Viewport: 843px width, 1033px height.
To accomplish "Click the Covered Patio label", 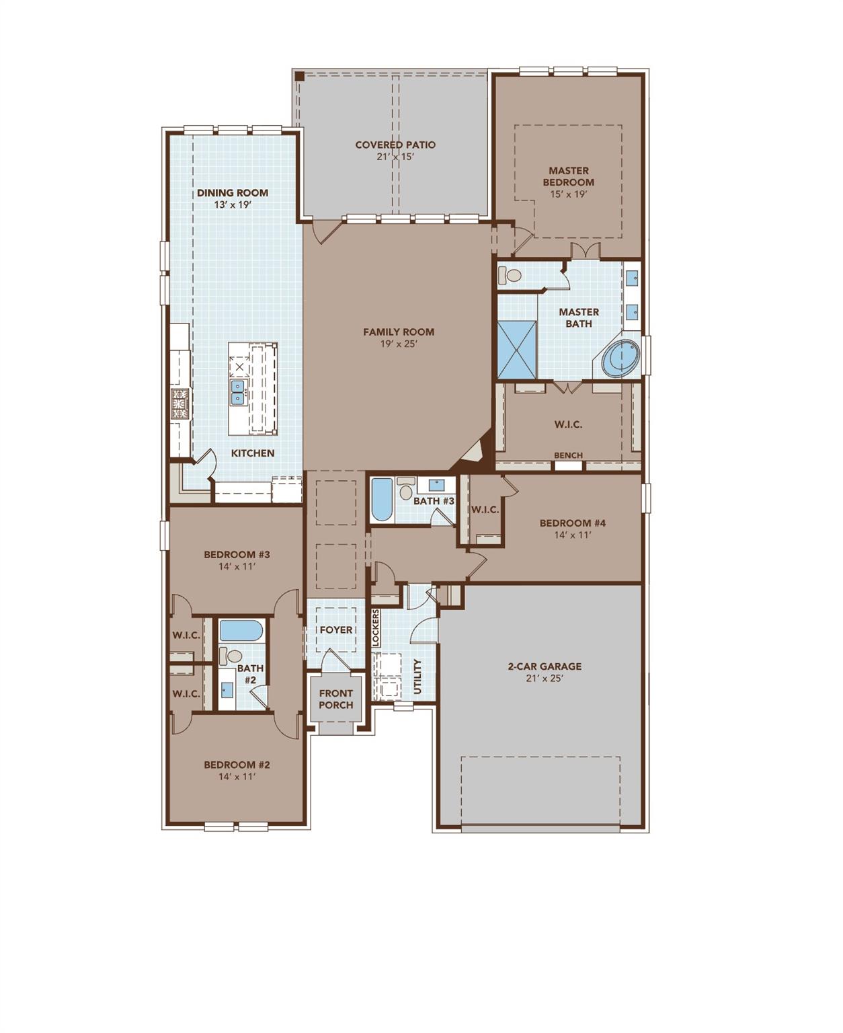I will click(x=395, y=145).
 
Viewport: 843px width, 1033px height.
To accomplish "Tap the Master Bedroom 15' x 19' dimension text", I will click(x=568, y=194).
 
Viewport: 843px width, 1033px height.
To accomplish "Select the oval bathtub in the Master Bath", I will click(x=620, y=358).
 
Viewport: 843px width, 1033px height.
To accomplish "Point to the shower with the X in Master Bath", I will click(x=517, y=349).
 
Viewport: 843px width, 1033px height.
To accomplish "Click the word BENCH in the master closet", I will click(x=568, y=455).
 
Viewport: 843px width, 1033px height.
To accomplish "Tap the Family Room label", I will click(x=399, y=332).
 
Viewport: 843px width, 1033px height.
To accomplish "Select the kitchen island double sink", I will click(x=237, y=392).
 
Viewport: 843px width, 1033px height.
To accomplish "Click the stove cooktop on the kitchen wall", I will click(x=179, y=404).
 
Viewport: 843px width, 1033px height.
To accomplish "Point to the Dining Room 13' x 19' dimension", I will click(x=233, y=204).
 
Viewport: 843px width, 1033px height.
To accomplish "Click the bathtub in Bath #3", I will click(x=381, y=499).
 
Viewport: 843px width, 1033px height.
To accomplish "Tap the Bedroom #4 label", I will click(x=573, y=523).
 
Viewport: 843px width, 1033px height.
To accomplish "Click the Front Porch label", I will click(x=335, y=699).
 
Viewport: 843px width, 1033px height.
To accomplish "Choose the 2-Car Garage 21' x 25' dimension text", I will click(x=545, y=679).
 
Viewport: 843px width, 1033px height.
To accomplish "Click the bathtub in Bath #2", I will click(x=241, y=631).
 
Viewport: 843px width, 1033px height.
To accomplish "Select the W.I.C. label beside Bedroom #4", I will click(x=485, y=510).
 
